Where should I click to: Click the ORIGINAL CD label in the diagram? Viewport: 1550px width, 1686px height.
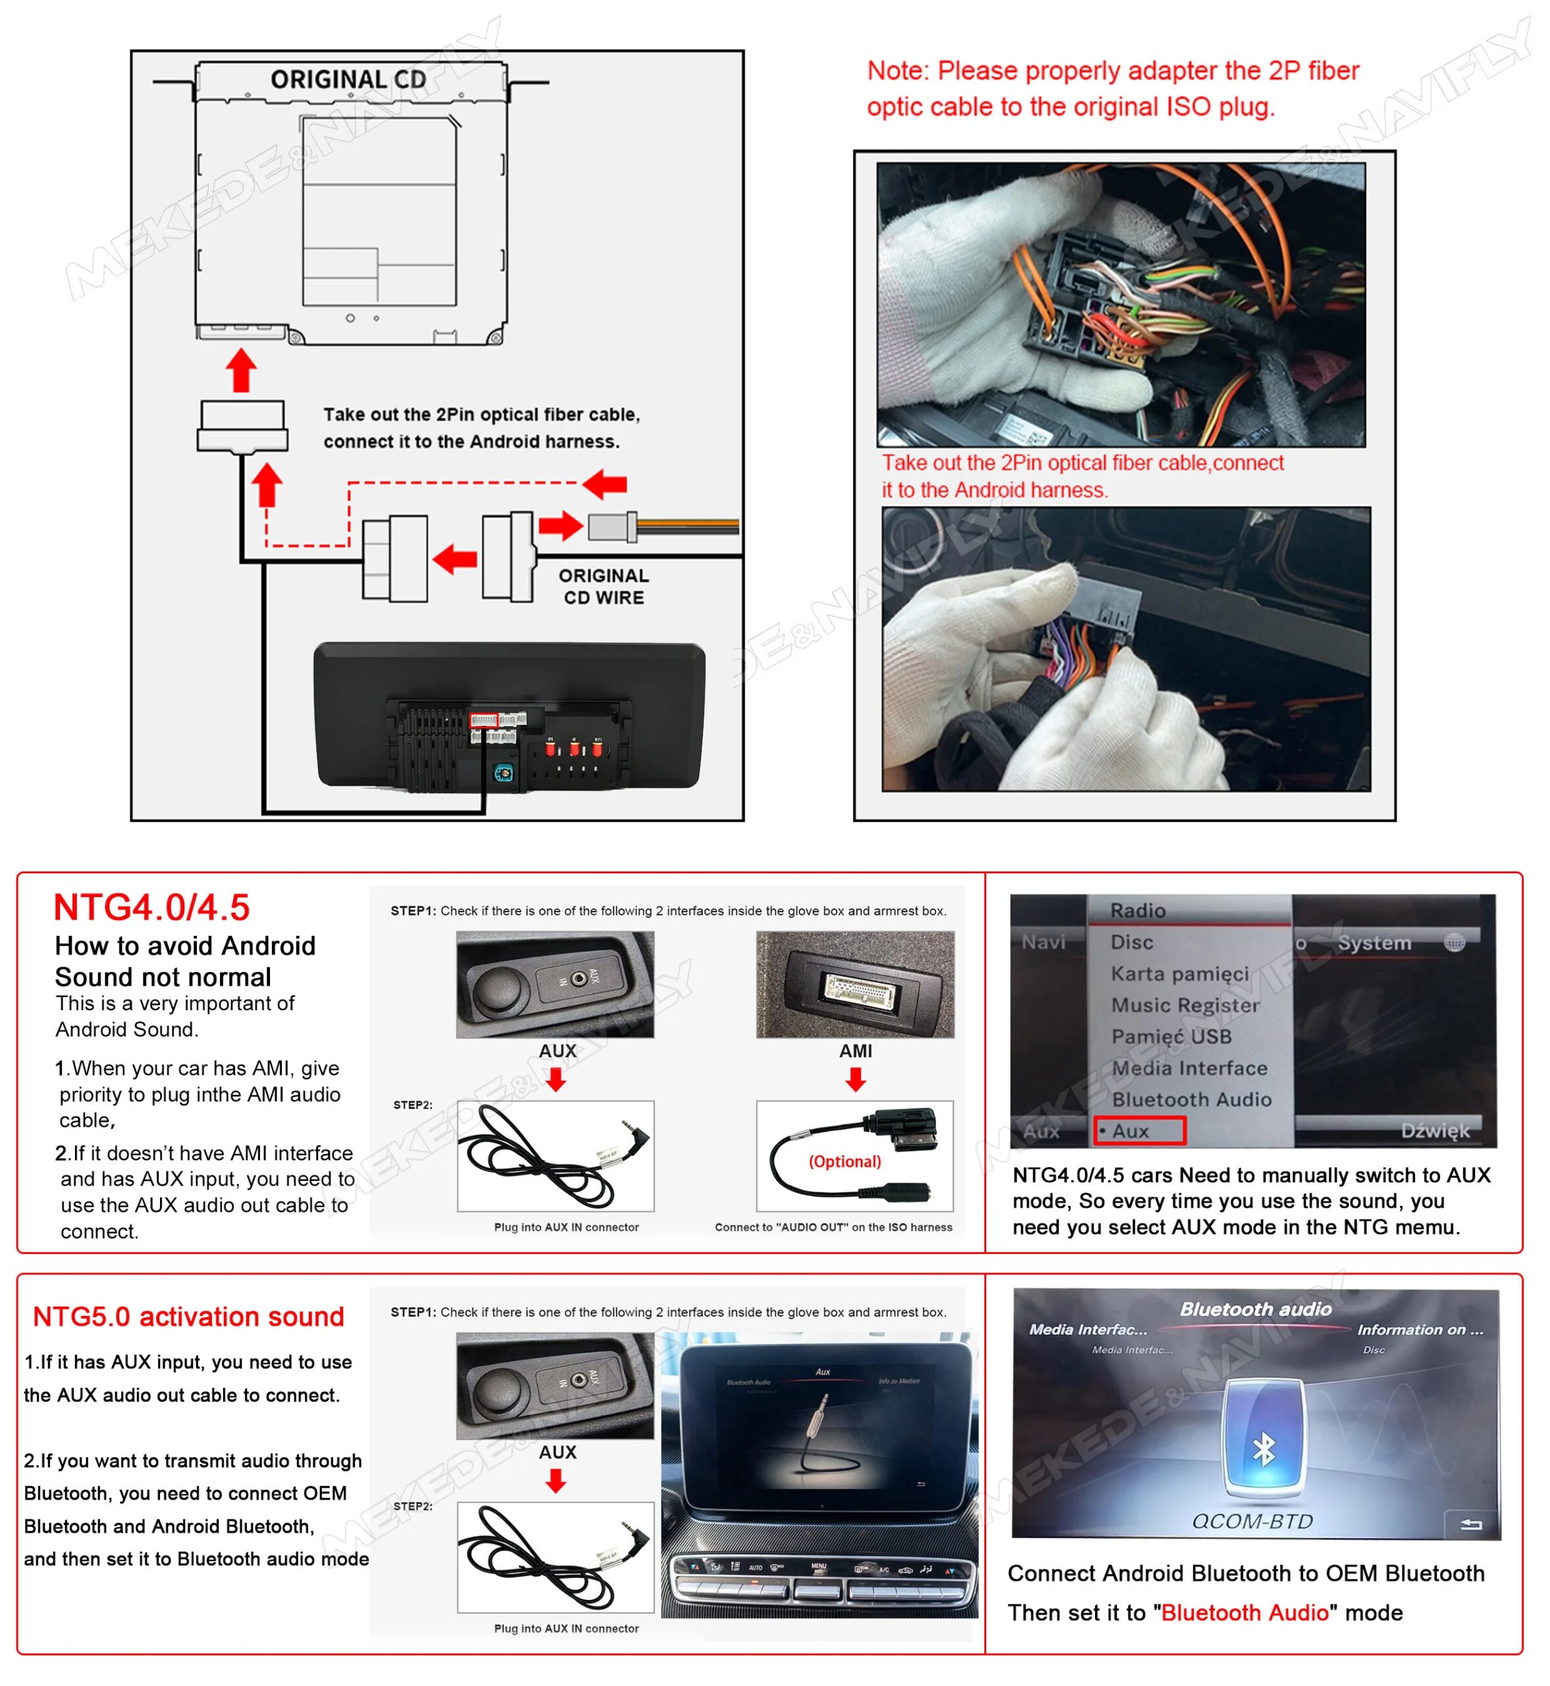tap(348, 80)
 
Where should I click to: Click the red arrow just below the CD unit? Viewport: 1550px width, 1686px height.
tap(242, 370)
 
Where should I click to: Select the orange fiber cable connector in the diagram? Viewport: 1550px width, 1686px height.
tap(612, 528)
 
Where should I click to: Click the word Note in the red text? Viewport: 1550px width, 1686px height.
tap(897, 71)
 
